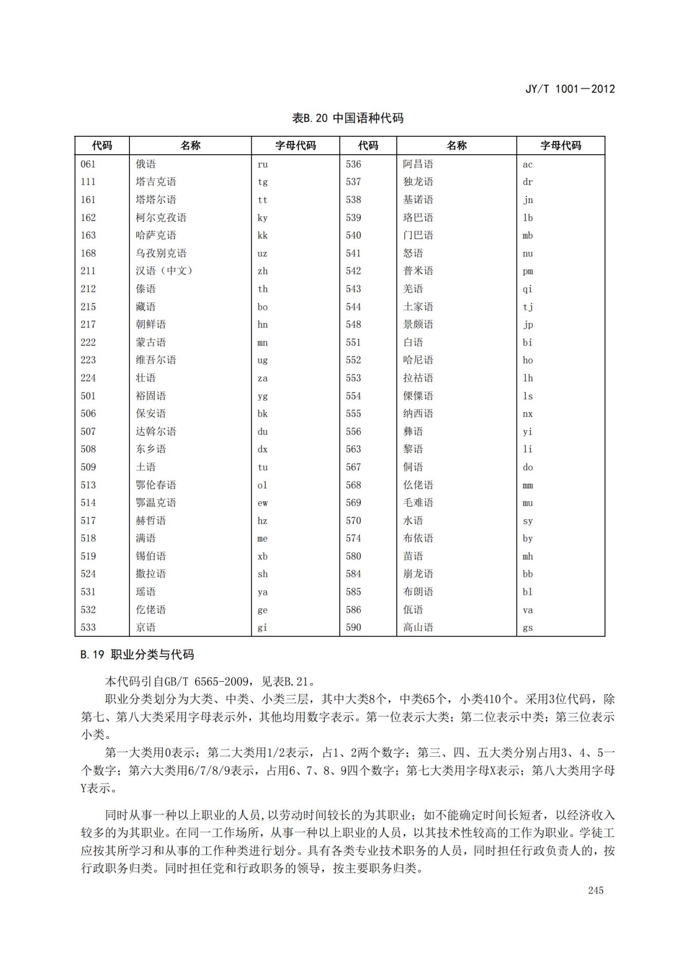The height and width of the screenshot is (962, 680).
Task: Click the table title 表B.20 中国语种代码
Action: pos(347,118)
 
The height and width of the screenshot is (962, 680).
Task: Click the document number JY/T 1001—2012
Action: pos(569,89)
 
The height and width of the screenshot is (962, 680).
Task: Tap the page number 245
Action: pos(596,890)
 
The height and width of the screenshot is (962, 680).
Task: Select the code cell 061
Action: pos(88,164)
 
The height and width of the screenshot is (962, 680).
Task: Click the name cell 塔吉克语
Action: pos(156,181)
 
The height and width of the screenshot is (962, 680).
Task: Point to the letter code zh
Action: pos(263,271)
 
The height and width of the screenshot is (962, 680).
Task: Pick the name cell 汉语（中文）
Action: pos(163,271)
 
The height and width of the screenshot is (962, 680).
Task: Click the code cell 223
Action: pos(88,360)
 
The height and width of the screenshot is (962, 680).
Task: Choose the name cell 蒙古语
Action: pos(151,342)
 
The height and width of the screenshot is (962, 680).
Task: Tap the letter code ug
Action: pos(263,360)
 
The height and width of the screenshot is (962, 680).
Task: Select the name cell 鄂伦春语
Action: pos(156,485)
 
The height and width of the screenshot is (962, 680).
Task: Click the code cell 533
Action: pos(88,627)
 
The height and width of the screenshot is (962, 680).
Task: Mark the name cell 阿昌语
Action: pos(418,164)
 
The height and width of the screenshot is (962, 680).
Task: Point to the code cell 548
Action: pos(354,324)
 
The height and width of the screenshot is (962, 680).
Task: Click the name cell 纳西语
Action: pos(418,414)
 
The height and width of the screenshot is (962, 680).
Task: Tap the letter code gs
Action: pos(528,628)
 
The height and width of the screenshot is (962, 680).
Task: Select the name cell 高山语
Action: pos(418,627)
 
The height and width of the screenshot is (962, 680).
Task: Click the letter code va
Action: pos(528,610)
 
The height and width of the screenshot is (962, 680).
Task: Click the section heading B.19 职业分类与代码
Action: pos(137,655)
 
